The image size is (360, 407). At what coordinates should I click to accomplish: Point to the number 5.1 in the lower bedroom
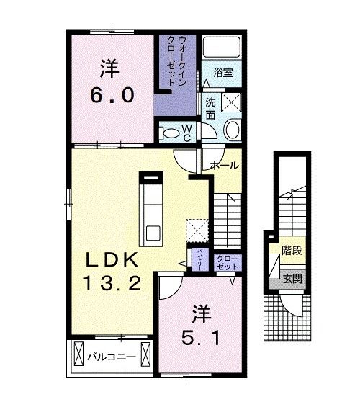pyautogui.click(x=197, y=336)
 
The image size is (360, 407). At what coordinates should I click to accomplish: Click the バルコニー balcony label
pyautogui.click(x=111, y=356)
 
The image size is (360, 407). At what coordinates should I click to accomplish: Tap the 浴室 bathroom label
pyautogui.click(x=223, y=72)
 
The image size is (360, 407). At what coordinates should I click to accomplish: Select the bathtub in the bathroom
pyautogui.click(x=221, y=48)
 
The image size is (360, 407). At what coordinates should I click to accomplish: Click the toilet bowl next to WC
pyautogui.click(x=171, y=132)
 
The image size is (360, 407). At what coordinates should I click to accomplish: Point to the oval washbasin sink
pyautogui.click(x=233, y=130)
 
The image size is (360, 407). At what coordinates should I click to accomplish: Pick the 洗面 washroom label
pyautogui.click(x=210, y=108)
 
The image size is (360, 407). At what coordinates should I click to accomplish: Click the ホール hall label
pyautogui.click(x=224, y=165)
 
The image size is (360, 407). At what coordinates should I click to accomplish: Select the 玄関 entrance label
pyautogui.click(x=291, y=278)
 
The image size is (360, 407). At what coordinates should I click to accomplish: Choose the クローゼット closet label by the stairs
pyautogui.click(x=228, y=262)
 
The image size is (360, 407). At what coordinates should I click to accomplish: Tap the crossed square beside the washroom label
pyautogui.click(x=232, y=102)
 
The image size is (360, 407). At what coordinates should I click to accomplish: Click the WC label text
pyautogui.click(x=186, y=133)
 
